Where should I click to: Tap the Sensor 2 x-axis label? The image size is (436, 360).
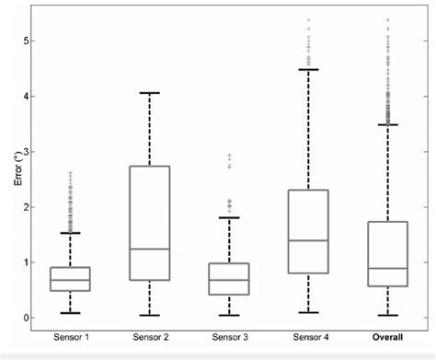150,338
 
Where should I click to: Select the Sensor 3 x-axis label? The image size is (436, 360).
229,338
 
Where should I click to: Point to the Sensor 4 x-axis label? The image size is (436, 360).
308,338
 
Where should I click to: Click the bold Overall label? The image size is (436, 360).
387,338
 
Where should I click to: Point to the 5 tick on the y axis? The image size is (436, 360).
37,41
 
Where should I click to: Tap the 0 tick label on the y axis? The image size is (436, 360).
37,318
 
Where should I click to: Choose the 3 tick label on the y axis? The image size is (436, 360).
37,152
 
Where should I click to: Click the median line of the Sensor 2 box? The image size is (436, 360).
150,249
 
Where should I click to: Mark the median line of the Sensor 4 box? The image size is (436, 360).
308,240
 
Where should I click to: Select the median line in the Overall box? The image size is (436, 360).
387,268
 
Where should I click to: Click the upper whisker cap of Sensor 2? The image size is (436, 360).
150,93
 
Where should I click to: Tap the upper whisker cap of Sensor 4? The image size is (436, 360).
308,70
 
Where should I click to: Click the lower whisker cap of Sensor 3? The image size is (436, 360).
229,315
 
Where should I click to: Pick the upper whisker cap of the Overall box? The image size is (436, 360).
387,124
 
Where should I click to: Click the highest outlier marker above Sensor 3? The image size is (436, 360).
229,156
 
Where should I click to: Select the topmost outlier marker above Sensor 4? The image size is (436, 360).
308,19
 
